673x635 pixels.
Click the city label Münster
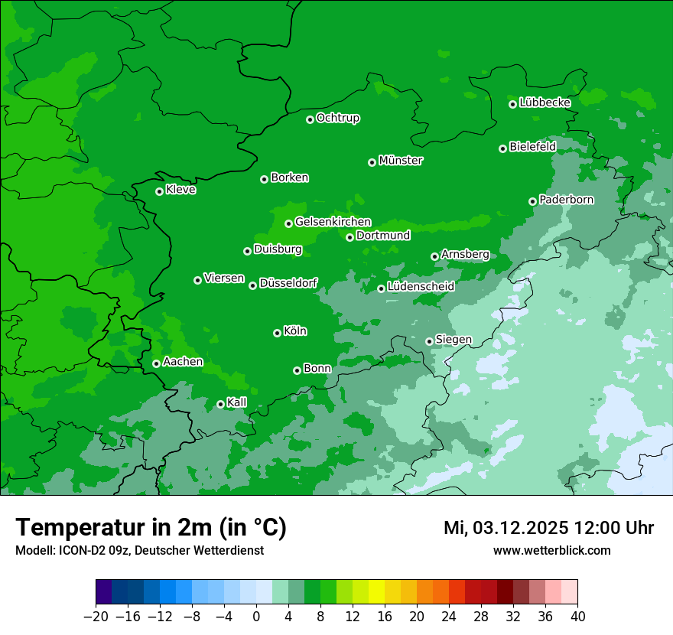coord(400,161)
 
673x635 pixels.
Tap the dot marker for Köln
coord(277,333)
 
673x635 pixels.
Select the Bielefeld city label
coord(532,146)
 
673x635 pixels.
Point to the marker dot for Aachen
coord(156,363)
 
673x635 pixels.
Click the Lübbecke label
coord(545,103)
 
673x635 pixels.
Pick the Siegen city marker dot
coord(429,341)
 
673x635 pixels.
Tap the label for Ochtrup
coord(337,118)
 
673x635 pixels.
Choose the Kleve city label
coord(180,190)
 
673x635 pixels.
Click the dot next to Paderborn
coord(532,201)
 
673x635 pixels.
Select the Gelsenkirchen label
coord(333,222)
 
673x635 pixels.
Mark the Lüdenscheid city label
coord(421,287)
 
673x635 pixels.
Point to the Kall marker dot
coord(220,404)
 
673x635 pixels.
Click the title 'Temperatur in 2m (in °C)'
coord(151,528)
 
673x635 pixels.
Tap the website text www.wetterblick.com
coord(551,550)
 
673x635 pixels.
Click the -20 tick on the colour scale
coord(96,616)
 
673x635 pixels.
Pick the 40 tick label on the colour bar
coord(577,616)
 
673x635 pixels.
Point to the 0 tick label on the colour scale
coord(256,616)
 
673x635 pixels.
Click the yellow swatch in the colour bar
coord(376,592)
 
